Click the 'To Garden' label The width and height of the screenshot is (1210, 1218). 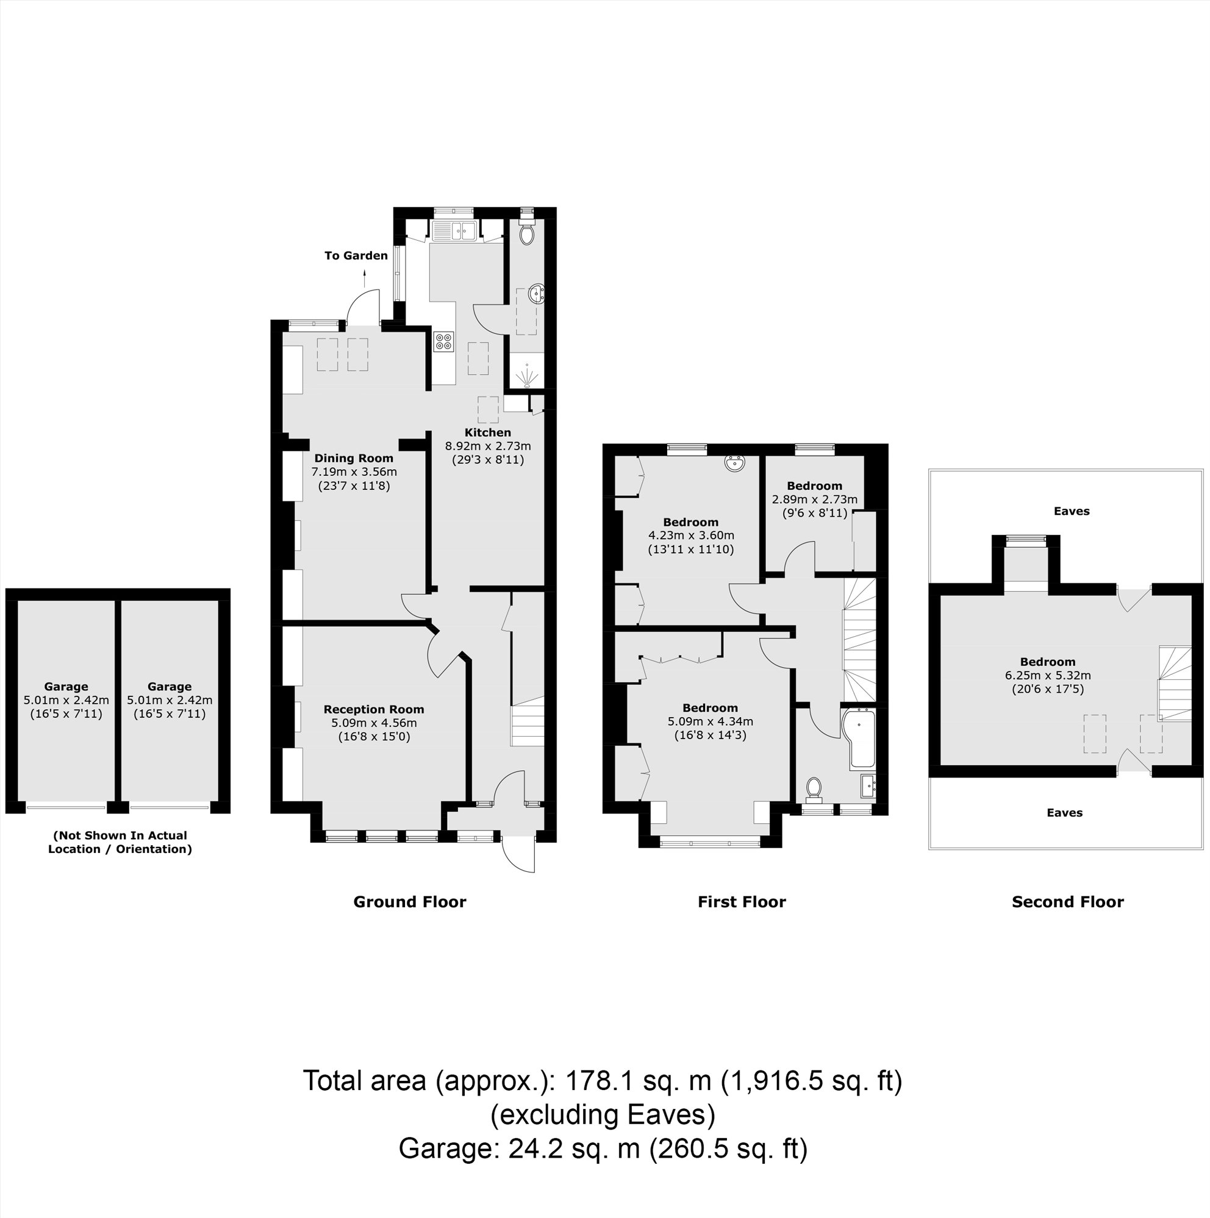click(356, 255)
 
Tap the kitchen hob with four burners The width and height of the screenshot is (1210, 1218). click(443, 342)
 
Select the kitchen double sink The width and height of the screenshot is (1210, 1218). click(454, 231)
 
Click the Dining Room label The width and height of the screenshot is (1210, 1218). click(353, 458)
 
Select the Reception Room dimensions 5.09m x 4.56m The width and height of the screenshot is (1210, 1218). click(373, 723)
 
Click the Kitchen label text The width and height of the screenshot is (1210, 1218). click(488, 433)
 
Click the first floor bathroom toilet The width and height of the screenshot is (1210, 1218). click(814, 788)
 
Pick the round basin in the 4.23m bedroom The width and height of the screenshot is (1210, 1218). click(735, 463)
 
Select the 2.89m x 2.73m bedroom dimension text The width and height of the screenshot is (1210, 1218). click(814, 499)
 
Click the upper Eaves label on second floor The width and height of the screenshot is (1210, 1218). click(1071, 511)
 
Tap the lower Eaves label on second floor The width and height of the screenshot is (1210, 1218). click(1064, 813)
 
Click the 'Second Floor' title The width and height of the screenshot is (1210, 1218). click(1067, 902)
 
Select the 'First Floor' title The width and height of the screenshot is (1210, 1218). click(741, 902)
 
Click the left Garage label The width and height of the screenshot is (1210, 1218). click(66, 687)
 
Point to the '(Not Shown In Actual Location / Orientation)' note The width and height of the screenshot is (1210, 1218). click(120, 842)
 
